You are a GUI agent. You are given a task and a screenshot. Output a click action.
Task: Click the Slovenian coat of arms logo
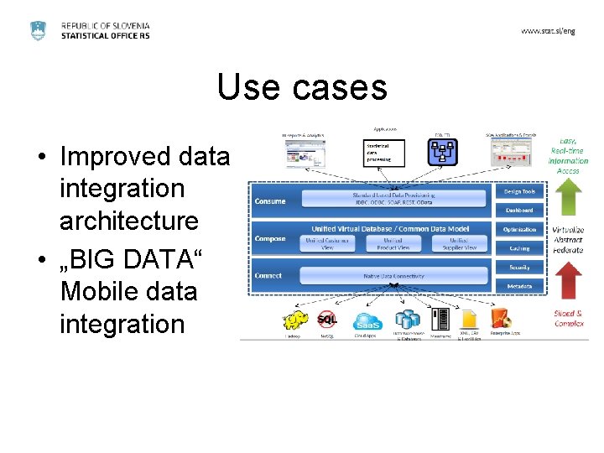39,31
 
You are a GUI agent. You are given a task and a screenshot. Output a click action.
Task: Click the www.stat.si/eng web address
548,30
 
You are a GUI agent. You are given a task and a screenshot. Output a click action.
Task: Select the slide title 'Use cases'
302,86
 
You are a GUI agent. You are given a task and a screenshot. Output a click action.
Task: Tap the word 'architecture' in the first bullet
129,221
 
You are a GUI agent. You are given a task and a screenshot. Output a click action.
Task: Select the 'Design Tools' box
518,191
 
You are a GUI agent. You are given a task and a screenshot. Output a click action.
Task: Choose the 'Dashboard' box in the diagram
518,210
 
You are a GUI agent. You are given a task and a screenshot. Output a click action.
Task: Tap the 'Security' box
518,268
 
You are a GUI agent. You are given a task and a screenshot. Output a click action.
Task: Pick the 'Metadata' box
518,286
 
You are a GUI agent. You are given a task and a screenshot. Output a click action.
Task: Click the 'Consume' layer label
270,201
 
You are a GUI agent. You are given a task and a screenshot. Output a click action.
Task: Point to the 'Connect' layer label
269,275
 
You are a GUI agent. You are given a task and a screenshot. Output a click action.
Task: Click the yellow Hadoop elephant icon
295,320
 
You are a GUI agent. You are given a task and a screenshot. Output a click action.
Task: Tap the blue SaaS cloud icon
367,320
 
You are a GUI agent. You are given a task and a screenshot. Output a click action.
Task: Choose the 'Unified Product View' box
393,244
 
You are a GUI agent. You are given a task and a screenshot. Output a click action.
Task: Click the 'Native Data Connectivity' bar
393,275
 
